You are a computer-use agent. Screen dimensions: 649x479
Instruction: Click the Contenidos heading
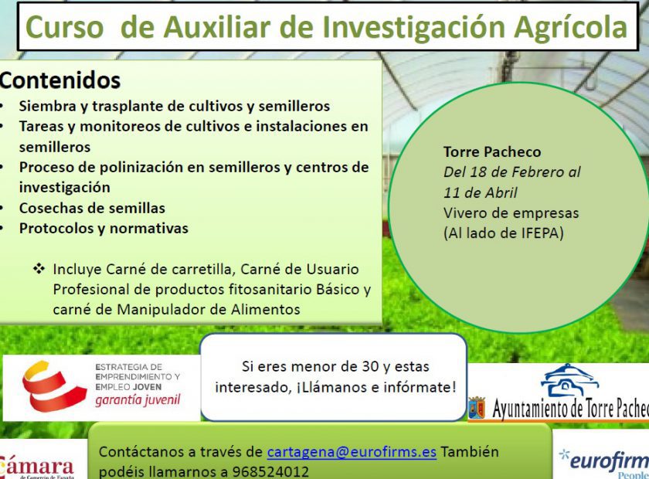click(60, 80)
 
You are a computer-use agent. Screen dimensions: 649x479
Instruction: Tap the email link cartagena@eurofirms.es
click(352, 452)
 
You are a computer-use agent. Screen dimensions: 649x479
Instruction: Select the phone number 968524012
click(270, 472)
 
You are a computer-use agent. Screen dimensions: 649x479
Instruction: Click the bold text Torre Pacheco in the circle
click(492, 152)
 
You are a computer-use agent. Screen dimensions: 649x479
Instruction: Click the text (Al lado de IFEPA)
click(504, 233)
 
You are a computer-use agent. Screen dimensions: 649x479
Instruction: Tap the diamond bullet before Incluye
click(39, 269)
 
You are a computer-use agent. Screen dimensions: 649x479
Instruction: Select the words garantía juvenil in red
click(138, 400)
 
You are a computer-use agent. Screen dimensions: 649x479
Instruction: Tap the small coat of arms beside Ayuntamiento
click(477, 407)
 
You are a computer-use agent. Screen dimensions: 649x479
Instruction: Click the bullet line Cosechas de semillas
click(92, 208)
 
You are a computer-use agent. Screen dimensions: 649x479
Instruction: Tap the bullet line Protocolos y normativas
click(104, 228)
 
